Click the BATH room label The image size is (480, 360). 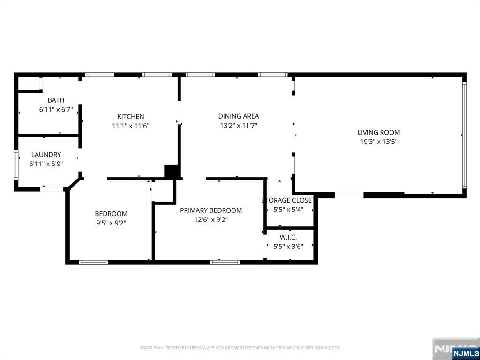56,100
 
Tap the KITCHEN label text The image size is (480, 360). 131,117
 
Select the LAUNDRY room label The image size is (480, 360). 46,155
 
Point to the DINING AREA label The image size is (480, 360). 239,116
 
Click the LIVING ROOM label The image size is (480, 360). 379,133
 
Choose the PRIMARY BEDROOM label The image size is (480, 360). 211,210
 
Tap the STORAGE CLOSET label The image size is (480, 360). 288,200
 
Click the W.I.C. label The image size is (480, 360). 288,237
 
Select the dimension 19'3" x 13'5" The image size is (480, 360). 379,142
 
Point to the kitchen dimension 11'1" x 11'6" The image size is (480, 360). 131,126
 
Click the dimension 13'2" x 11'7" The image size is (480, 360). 239,126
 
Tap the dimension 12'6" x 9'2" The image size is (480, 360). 211,220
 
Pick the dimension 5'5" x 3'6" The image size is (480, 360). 288,247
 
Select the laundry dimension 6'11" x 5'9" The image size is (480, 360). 46,164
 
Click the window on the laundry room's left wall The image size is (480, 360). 16,165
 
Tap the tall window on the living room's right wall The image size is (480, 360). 465,135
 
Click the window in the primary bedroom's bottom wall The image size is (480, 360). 225,262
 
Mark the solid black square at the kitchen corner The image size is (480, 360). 172,172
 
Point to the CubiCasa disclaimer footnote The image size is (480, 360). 240,348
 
